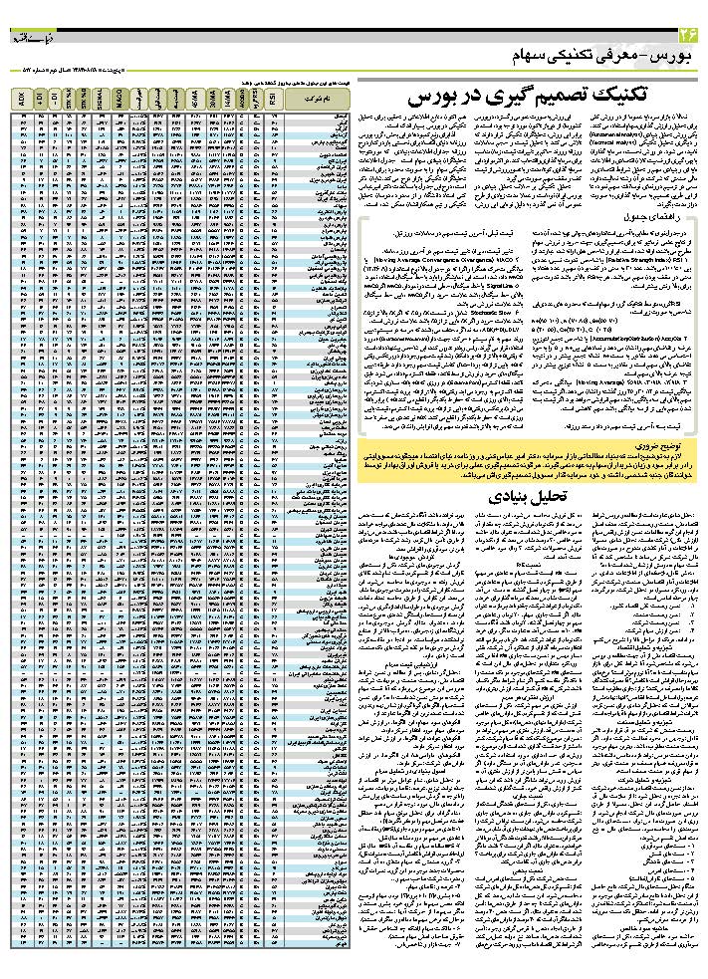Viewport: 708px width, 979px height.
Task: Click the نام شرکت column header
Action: pyautogui.click(x=317, y=99)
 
